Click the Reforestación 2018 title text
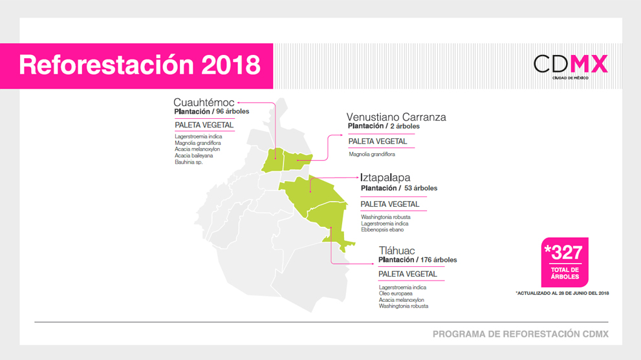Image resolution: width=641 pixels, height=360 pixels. point(140,65)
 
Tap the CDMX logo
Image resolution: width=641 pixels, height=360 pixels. point(570,67)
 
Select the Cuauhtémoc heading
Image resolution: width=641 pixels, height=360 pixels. point(204,102)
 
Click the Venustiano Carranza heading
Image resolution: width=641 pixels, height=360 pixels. point(396,117)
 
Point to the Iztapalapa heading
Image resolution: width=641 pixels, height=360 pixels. point(385,178)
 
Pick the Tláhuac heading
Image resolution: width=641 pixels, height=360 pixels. point(397,251)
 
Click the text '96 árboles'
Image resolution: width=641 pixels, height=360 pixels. point(233,112)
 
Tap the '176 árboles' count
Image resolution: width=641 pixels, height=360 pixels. point(439,260)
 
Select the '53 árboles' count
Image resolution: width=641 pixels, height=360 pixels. point(420,188)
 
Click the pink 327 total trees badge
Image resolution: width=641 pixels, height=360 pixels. point(565,262)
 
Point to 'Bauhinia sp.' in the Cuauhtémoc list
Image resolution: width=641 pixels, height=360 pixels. point(188,162)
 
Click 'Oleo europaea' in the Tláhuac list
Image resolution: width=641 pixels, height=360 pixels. point(395,293)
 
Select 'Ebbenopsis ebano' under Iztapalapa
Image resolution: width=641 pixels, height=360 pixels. point(382,229)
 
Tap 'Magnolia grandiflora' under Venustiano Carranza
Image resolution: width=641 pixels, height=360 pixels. point(372,154)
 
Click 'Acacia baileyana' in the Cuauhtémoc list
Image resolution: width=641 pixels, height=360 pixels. point(194,156)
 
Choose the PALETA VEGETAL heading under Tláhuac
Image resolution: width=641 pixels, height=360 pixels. point(407,274)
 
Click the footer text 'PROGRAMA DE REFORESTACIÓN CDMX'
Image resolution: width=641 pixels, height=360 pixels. point(521,334)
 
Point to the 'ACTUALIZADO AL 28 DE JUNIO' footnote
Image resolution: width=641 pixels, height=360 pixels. point(562,293)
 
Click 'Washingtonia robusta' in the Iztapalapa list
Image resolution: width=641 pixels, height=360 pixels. point(386,217)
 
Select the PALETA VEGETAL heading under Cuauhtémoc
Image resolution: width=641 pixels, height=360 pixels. point(204,125)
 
